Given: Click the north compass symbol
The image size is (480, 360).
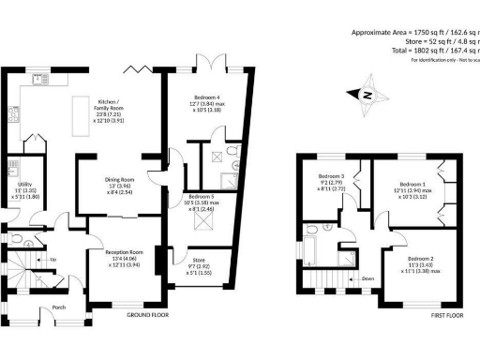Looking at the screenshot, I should pyautogui.click(x=367, y=93).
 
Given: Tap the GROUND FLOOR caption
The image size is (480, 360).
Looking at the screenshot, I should pyautogui.click(x=147, y=316).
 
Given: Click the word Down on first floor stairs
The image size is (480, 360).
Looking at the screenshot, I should pyautogui.click(x=368, y=278).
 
